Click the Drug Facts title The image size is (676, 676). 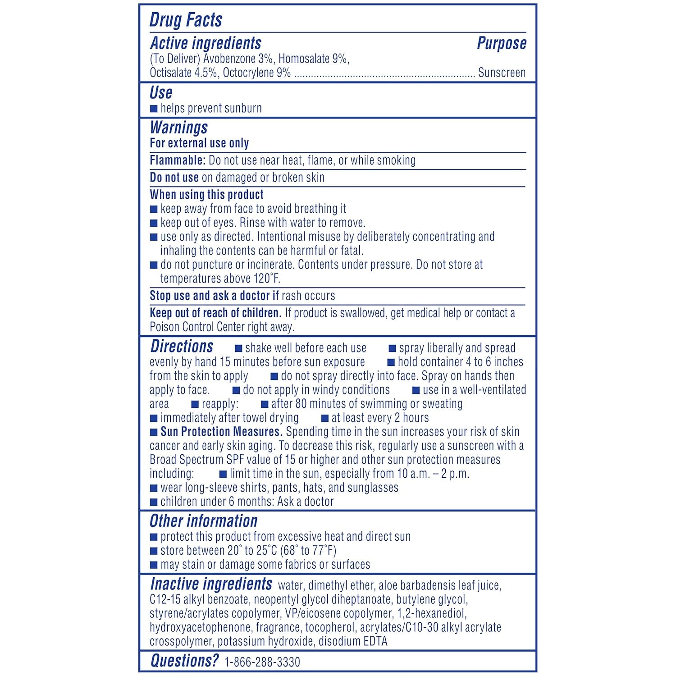186,20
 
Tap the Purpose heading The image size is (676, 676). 501,43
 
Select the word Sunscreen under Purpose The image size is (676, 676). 502,73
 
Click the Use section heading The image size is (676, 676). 161,93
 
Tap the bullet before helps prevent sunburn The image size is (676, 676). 154,109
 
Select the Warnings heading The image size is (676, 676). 178,128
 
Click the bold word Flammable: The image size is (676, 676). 178,160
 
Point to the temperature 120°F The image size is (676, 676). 266,279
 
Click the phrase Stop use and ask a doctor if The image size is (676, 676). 214,296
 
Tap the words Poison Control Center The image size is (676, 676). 197,327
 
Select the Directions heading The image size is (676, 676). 182,346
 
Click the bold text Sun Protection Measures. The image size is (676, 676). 221,432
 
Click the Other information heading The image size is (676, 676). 203,521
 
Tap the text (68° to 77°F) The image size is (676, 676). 308,550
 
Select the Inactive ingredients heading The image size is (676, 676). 211,584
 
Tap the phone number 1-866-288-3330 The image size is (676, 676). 262,662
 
